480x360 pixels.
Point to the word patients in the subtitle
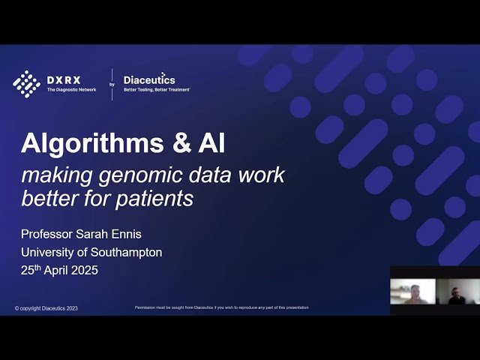(156, 199)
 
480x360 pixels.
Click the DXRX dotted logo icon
(26, 83)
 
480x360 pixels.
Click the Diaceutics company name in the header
(149, 79)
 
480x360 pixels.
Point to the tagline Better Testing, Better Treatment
(157, 89)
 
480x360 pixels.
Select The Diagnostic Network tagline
(71, 89)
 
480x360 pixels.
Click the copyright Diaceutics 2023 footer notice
(46, 308)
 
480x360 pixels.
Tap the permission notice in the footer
(221, 307)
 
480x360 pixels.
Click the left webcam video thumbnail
(412, 292)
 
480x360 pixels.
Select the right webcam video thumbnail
(457, 292)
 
